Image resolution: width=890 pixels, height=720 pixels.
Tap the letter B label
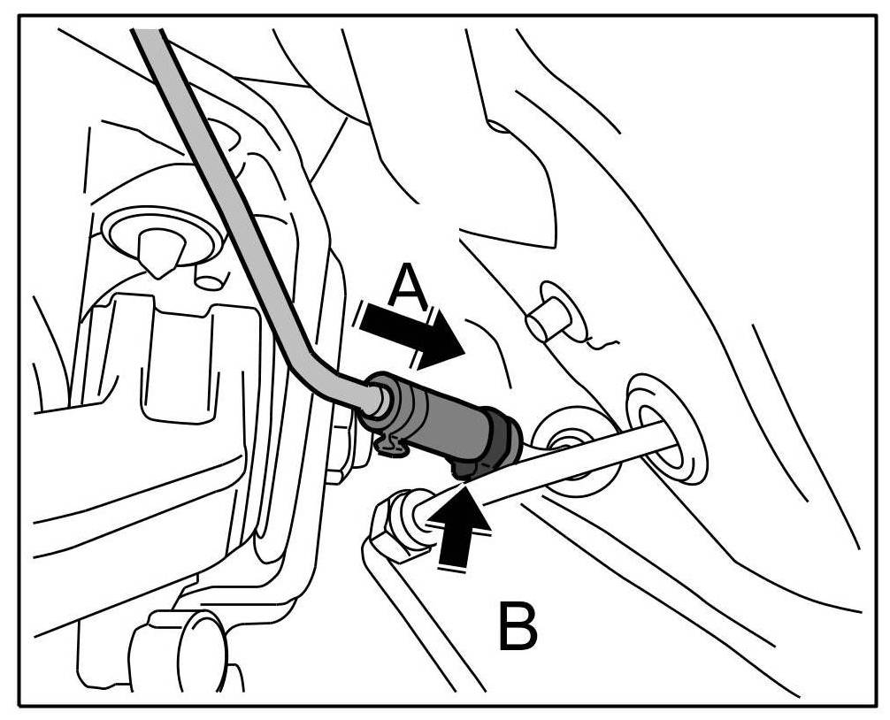click(517, 625)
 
